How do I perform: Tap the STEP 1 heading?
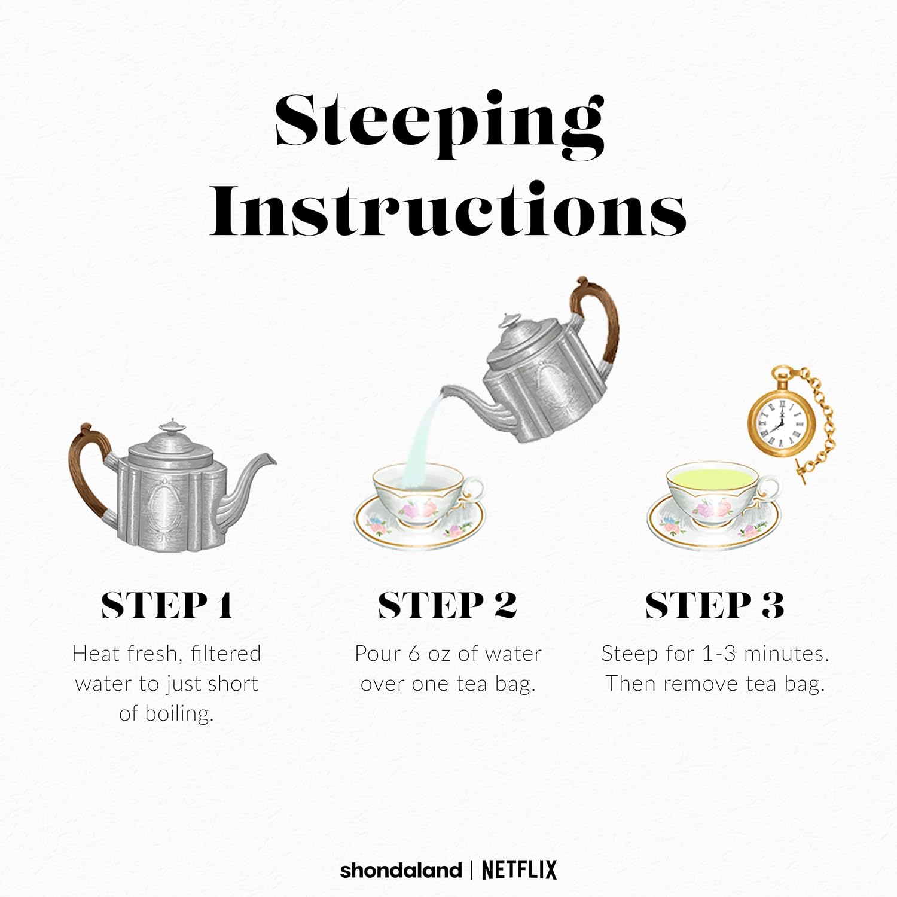(166, 605)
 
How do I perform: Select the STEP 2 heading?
(447, 605)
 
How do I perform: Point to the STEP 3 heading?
(715, 605)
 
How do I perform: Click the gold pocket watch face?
(780, 420)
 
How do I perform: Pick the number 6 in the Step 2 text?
(414, 654)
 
